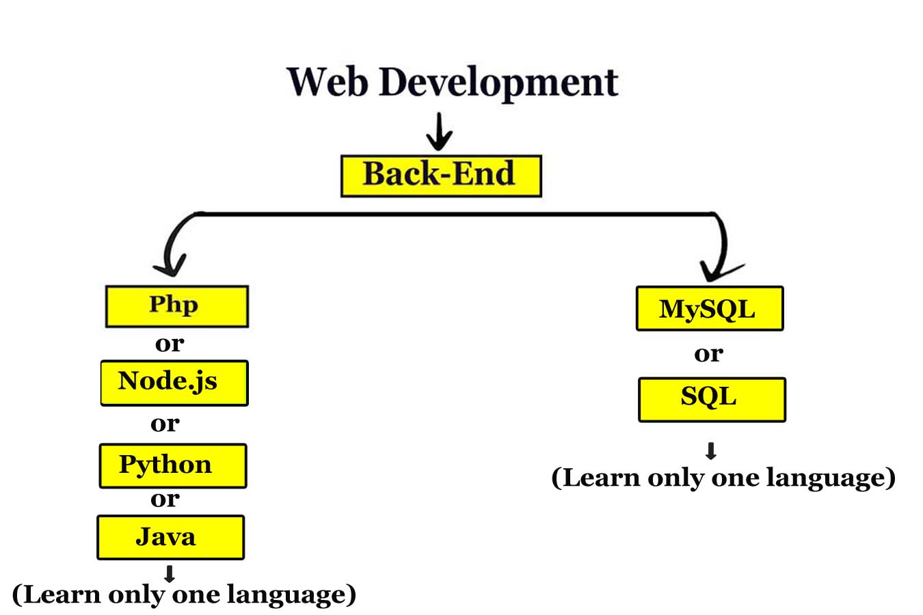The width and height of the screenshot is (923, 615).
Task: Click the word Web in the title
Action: (327, 82)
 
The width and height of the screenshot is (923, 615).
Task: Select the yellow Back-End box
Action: (441, 176)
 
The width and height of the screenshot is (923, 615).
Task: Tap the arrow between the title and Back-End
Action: (439, 133)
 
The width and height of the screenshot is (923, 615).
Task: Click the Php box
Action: (176, 306)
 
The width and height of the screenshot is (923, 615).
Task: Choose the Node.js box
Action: (174, 383)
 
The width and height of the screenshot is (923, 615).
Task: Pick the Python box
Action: (172, 465)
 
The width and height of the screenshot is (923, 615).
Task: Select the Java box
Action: (170, 537)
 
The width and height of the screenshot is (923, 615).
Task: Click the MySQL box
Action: (709, 309)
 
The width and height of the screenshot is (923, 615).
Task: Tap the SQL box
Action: (711, 399)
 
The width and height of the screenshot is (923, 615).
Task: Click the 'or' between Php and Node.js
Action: (169, 343)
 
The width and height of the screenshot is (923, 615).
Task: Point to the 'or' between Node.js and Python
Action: (165, 424)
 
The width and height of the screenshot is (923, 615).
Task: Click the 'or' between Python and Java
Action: (165, 500)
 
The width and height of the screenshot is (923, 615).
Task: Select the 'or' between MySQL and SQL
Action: (708, 354)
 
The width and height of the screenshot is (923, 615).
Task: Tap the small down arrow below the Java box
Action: (170, 574)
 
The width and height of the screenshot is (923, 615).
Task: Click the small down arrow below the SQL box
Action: (711, 451)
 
